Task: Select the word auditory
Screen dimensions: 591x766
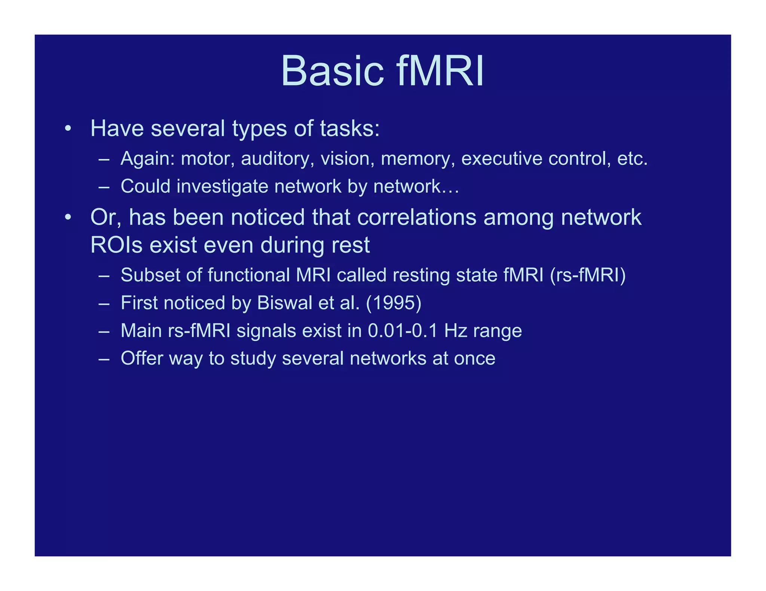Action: point(278,159)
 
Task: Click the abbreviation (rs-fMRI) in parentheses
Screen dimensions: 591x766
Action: point(588,275)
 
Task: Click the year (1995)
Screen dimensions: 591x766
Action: point(393,303)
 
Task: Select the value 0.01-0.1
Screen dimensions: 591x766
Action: point(402,331)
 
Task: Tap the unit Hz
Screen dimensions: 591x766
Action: point(456,331)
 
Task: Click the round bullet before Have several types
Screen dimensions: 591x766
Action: point(67,129)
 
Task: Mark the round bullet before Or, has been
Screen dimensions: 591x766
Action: point(67,217)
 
